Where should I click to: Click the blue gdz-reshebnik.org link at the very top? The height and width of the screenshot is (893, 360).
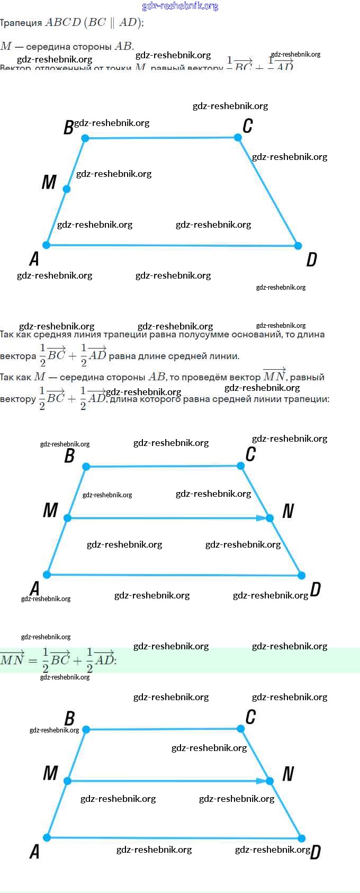tap(180, 6)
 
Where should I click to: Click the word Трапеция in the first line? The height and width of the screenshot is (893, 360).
tap(21, 23)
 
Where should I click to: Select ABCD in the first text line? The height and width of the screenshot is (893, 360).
tap(63, 22)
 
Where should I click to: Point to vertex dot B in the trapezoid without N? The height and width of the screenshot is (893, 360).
tap(85, 138)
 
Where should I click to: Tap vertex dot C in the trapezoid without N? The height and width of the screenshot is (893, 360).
tap(238, 137)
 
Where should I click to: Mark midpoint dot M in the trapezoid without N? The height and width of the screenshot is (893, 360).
tap(66, 189)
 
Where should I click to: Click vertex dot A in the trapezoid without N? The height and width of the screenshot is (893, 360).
tap(47, 245)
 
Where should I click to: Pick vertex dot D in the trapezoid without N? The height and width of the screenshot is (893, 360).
tap(298, 246)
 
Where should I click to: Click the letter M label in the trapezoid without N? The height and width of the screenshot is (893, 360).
tap(49, 182)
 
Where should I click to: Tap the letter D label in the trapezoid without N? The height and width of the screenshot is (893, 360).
tap(312, 260)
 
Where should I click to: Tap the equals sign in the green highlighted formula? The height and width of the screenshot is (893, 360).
tap(33, 660)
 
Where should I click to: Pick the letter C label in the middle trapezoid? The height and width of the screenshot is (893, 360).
tap(250, 454)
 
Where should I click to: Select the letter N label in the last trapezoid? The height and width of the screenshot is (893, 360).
tap(288, 774)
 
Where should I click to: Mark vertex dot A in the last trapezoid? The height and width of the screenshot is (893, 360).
tap(47, 837)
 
